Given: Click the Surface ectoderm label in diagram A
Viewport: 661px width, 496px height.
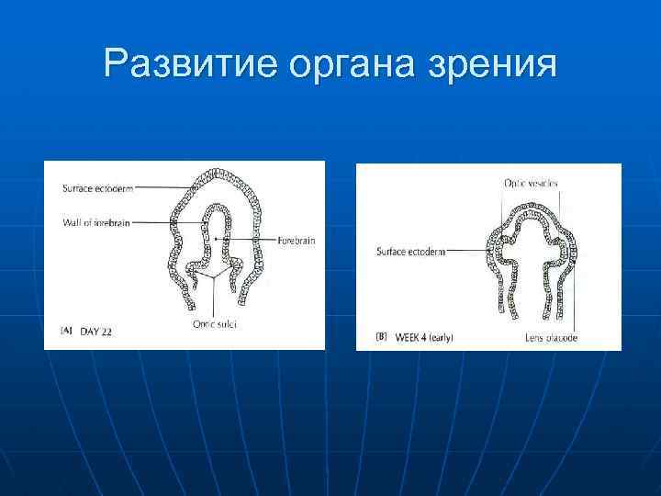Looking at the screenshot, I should click(x=97, y=189).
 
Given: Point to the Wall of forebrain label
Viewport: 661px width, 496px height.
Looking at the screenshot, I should click(x=96, y=221).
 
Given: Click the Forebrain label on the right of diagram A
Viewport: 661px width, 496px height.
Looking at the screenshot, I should click(x=296, y=240).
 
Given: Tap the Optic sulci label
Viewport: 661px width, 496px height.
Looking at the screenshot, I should click(x=214, y=322).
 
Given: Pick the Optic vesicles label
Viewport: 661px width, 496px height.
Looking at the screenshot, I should click(x=531, y=184).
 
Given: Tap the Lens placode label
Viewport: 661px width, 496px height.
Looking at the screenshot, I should click(x=550, y=338).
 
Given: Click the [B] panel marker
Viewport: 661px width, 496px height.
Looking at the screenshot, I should click(x=380, y=338).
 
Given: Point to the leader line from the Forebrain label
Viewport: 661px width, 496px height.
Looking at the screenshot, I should click(x=248, y=240).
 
